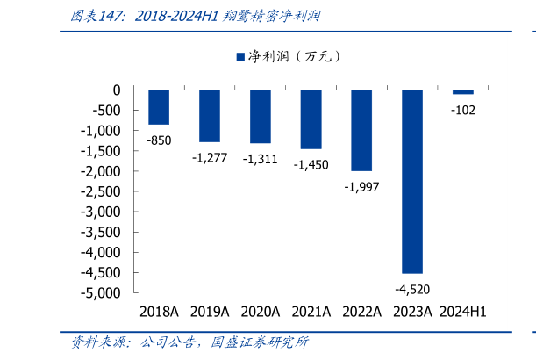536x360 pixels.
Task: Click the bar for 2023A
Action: coord(412,181)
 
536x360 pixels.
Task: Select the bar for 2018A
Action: coord(159,107)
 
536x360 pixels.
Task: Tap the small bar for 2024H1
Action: coord(463,91)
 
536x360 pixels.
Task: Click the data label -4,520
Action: coord(412,289)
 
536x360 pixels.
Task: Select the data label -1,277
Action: coord(210,157)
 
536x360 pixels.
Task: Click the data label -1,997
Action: coord(361,186)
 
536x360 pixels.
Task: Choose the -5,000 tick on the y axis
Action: coord(103,293)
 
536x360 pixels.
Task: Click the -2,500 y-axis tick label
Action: coord(103,191)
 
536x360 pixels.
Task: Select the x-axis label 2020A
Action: coord(260,312)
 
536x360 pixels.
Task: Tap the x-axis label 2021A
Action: coord(311,312)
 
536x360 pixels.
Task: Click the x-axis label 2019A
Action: coord(210,312)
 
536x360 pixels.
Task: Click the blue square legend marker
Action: coord(240,56)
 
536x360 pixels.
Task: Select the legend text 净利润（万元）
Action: coord(294,56)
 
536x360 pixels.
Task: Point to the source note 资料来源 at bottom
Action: coord(189,342)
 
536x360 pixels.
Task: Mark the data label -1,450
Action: coord(311,164)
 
